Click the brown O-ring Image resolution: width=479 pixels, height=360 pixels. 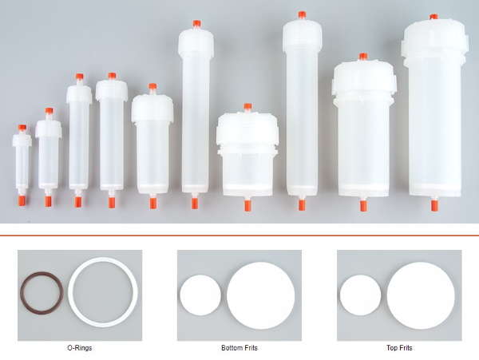(x=22, y=292)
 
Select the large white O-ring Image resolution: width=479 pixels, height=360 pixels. (x=70, y=292)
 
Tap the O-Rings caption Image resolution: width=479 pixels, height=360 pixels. (x=79, y=348)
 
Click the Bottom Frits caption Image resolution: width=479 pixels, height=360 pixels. (x=239, y=348)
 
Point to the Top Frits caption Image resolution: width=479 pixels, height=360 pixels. (x=399, y=348)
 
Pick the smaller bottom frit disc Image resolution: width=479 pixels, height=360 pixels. (x=200, y=295)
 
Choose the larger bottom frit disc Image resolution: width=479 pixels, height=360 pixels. (x=260, y=295)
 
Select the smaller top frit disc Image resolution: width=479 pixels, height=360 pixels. (x=361, y=295)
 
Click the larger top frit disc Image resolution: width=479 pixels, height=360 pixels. (x=421, y=295)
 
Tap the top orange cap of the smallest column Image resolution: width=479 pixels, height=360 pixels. (x=22, y=128)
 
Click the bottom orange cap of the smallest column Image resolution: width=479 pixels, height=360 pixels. (x=22, y=200)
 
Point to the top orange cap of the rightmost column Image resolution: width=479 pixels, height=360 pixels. (x=433, y=17)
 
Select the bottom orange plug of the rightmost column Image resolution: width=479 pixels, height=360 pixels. (x=434, y=205)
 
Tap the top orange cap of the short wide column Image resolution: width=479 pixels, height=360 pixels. (x=247, y=106)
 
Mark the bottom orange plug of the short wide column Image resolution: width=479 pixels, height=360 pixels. (x=247, y=205)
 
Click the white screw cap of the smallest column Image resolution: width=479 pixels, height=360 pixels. (x=22, y=140)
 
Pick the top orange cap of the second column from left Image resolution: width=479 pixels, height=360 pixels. (x=49, y=110)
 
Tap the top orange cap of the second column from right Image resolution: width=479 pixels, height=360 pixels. (x=363, y=56)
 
